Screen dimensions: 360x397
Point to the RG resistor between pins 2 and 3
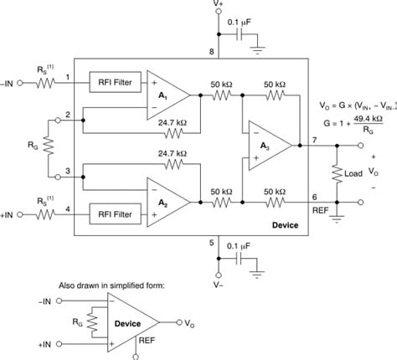[48, 147]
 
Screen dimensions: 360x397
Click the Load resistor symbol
[337, 174]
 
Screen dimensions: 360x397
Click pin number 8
[212, 52]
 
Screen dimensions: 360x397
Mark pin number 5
[212, 244]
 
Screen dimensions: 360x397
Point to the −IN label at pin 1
[13, 83]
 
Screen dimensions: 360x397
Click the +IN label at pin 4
[13, 214]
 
